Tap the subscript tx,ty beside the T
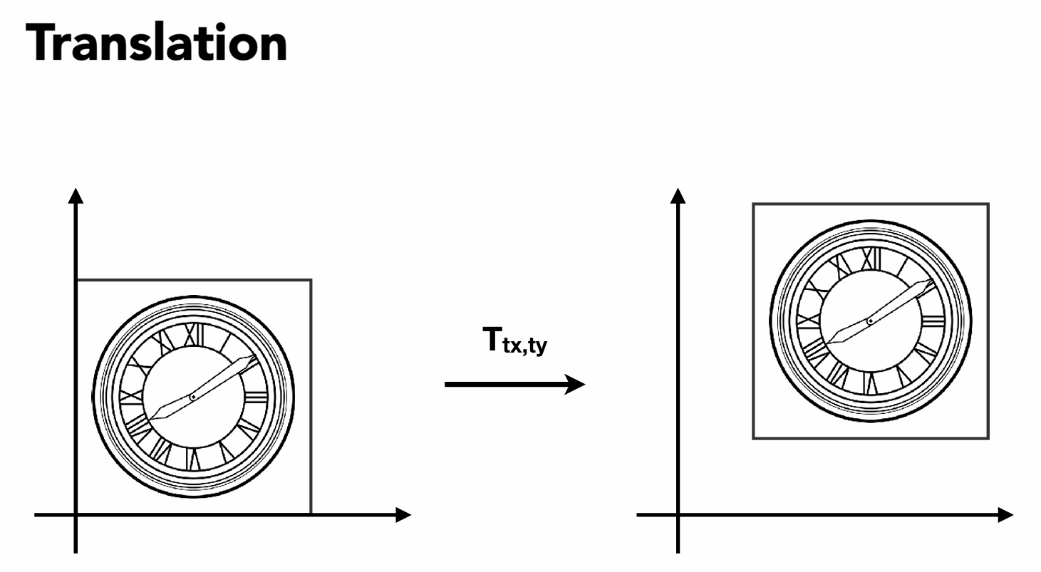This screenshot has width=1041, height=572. [x=526, y=348]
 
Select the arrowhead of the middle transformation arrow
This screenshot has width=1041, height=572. [x=576, y=385]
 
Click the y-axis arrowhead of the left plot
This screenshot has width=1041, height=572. [x=75, y=194]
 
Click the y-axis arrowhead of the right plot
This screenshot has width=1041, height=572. [x=678, y=194]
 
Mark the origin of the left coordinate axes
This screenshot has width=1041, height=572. [x=75, y=514]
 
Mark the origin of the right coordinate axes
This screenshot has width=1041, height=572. [x=678, y=514]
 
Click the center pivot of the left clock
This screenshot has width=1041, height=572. [x=193, y=396]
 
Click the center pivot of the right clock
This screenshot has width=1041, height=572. [x=870, y=321]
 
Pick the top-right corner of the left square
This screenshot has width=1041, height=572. [x=311, y=280]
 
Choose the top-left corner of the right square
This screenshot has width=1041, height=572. [x=753, y=204]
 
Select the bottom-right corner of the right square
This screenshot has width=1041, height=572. [x=988, y=438]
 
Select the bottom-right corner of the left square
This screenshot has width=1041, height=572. [x=311, y=514]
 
